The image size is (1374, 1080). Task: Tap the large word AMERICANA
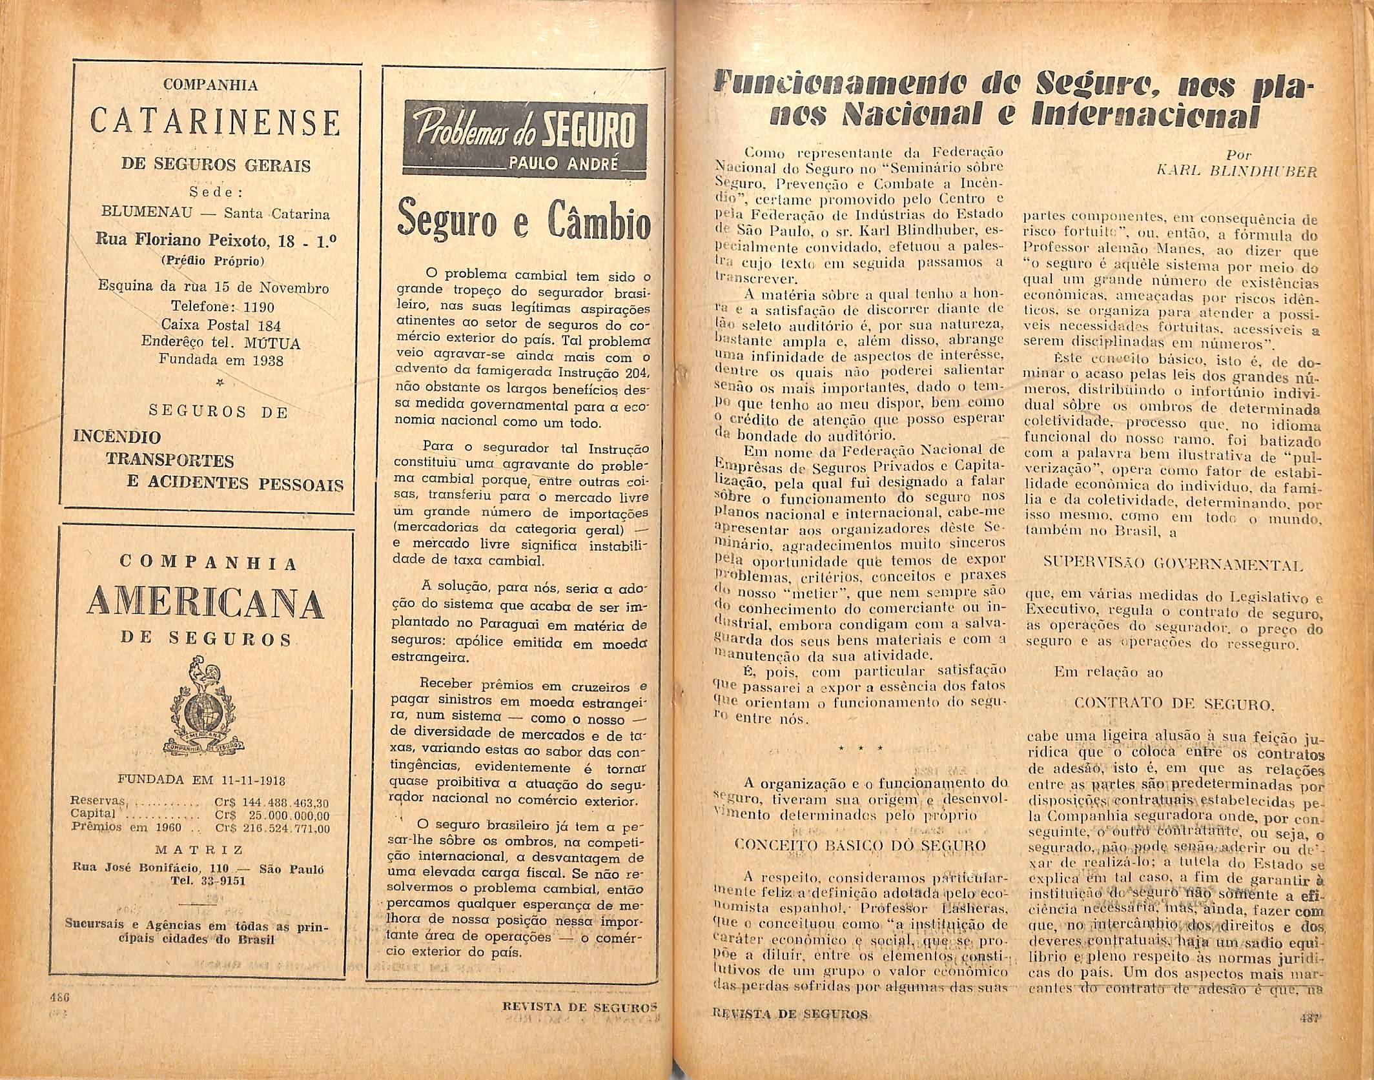205,602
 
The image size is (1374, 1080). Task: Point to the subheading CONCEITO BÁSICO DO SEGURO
861,846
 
